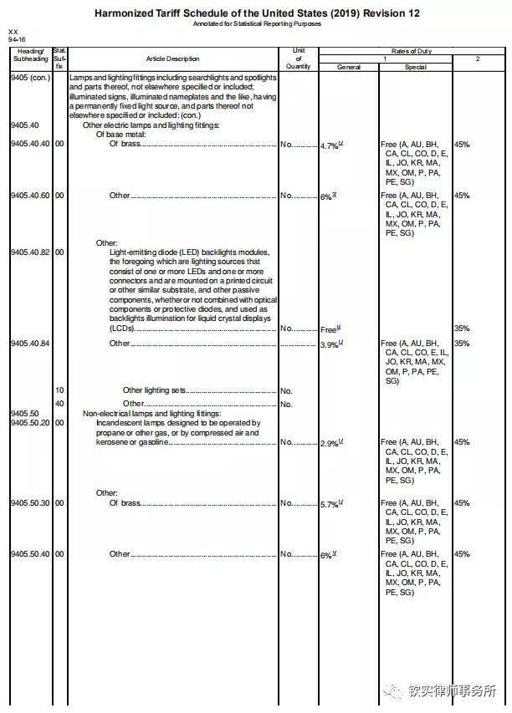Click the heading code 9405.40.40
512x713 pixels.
[29, 144]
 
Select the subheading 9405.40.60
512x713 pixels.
[29, 196]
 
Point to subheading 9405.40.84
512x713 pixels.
[29, 344]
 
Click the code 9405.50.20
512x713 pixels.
[29, 423]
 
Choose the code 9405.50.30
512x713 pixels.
[29, 503]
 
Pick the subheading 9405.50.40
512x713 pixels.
[29, 554]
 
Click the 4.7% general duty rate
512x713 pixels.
[329, 145]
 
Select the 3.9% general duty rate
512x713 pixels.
[329, 344]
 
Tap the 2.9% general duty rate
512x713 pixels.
[329, 443]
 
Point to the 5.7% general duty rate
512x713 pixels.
[329, 504]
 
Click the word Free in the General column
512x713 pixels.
[329, 330]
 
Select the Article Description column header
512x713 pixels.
[173, 59]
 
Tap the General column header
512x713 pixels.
[349, 67]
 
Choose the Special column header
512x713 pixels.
[416, 67]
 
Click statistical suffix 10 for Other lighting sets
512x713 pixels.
[59, 390]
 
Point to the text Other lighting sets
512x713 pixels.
[152, 390]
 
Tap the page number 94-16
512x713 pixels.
[16, 38]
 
